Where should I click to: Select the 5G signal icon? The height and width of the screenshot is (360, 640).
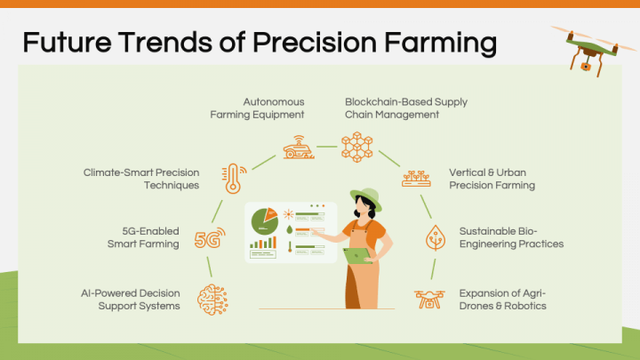pyautogui.click(x=210, y=238)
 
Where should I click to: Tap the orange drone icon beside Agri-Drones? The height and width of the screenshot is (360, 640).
pyautogui.click(x=429, y=299)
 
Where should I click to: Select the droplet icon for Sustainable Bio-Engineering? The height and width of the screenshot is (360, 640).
pyautogui.click(x=435, y=236)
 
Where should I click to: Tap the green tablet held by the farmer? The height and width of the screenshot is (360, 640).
pyautogui.click(x=357, y=256)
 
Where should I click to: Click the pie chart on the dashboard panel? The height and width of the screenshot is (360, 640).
pyautogui.click(x=264, y=219)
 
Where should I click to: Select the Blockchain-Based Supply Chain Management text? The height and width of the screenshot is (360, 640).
pyautogui.click(x=405, y=108)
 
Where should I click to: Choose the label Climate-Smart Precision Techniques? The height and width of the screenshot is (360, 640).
pyautogui.click(x=141, y=179)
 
